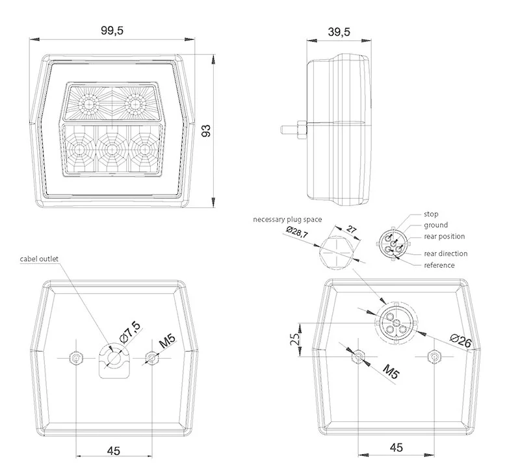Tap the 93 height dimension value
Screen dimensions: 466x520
coord(207,130)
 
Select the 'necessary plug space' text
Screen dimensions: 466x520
coord(287,220)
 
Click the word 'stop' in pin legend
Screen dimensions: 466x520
coord(430,214)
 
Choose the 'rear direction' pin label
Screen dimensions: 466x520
coord(445,253)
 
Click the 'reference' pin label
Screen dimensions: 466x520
coord(439,265)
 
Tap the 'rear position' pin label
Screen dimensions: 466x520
coord(444,236)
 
